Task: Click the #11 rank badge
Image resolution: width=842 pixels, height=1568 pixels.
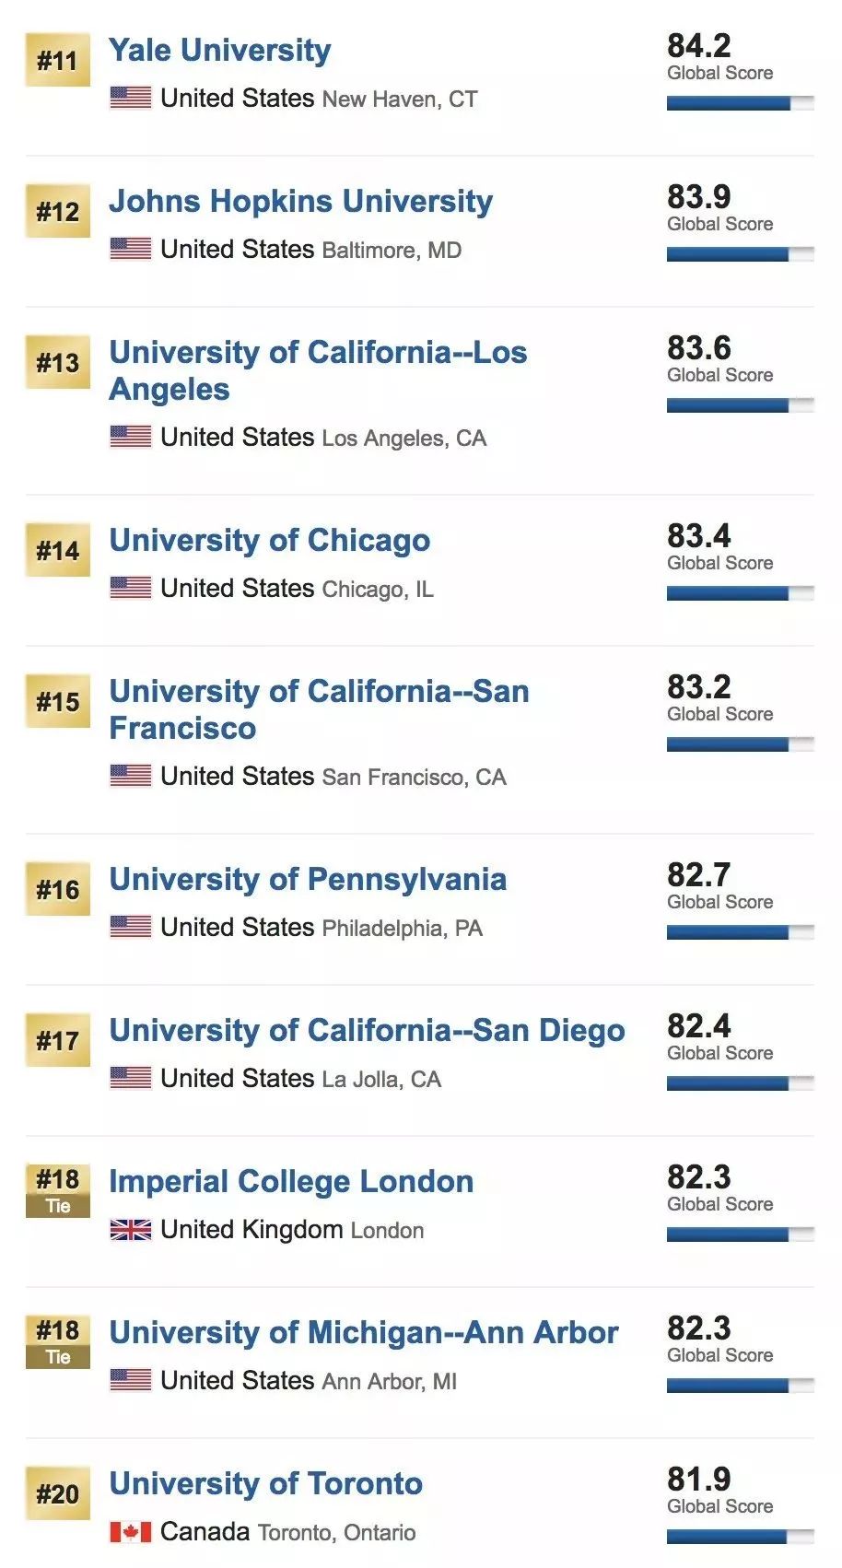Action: pos(58,60)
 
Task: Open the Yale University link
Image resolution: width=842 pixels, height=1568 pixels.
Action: pos(220,51)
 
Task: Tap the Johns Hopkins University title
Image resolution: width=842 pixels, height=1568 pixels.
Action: pos(301,202)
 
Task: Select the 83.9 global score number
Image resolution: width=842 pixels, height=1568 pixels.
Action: pos(698,197)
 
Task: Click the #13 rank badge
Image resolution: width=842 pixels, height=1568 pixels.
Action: pos(58,362)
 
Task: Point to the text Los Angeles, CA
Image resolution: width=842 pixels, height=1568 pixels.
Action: pos(403,439)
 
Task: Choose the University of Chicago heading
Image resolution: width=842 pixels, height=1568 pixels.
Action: pos(270,541)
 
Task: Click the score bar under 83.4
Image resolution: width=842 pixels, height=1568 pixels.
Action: pos(741,593)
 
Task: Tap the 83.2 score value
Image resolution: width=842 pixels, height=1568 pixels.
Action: pos(698,686)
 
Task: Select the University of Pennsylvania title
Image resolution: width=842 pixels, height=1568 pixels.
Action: pos(308,880)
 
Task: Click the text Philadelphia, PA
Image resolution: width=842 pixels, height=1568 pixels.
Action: pos(403,929)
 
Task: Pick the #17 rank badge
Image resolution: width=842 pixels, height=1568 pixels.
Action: pos(58,1040)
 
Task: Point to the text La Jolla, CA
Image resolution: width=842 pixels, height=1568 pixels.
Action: pos(381,1080)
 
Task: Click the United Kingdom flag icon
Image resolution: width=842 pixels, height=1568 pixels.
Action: pos(130,1230)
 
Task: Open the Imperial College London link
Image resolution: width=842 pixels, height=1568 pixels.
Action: pos(291,1182)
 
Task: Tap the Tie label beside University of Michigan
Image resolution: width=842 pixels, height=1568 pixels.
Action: pos(58,1357)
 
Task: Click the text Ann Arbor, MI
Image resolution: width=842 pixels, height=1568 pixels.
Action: pos(389,1382)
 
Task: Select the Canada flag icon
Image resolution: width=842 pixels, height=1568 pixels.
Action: pos(130,1532)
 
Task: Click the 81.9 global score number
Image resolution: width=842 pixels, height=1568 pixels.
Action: pos(698,1480)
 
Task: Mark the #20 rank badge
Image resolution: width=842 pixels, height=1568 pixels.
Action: pos(58,1493)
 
